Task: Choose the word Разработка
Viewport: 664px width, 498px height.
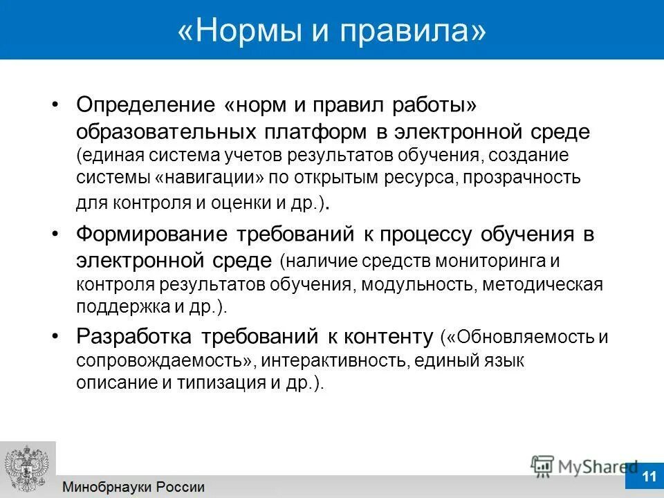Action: coord(135,336)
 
